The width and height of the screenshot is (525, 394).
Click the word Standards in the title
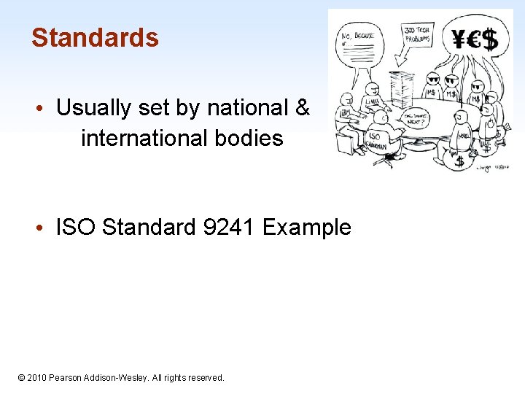point(95,37)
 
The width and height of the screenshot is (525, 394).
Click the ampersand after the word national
point(302,108)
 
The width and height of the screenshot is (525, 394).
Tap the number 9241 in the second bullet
point(229,228)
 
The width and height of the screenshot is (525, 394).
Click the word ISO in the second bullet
point(77,228)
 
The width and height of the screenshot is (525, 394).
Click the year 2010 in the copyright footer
point(37,378)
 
